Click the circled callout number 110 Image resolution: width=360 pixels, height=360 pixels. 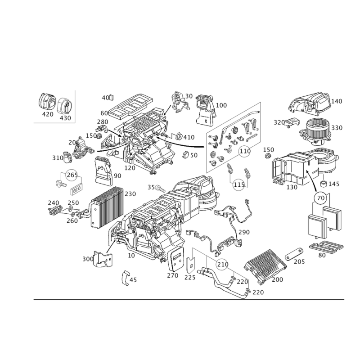[x=245, y=151]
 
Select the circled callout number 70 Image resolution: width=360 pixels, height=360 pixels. [x=321, y=198]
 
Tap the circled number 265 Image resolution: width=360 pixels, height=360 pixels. [x=72, y=175]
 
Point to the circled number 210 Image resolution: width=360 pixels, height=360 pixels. [x=222, y=264]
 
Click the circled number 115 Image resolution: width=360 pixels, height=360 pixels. [x=239, y=184]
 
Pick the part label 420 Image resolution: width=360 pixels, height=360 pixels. [x=48, y=114]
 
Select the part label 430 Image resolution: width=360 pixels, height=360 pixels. [x=65, y=118]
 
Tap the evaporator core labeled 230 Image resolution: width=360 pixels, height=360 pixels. [x=107, y=207]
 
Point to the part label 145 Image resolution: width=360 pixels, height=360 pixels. [x=334, y=184]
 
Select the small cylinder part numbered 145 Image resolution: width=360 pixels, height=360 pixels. [x=324, y=184]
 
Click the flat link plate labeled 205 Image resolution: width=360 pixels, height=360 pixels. [x=294, y=254]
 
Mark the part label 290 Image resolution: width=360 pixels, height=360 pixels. [x=244, y=232]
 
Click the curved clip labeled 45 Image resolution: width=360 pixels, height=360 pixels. [x=126, y=278]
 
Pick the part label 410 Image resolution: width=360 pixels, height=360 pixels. [x=189, y=137]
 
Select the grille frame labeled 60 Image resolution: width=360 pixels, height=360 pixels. [x=130, y=106]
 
